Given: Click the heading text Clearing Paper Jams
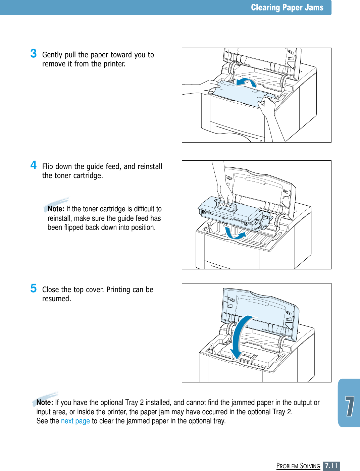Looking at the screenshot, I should [287, 7].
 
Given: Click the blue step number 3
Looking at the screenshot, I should [34, 53].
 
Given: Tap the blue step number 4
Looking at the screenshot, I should [34, 165].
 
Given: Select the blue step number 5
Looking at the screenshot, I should [34, 288].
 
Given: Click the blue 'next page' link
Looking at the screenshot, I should [75, 421].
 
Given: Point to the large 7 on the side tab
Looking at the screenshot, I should [350, 406].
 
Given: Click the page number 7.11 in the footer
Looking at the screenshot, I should [331, 466].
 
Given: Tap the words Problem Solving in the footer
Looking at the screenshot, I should [298, 466].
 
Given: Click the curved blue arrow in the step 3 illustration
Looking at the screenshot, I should [246, 82].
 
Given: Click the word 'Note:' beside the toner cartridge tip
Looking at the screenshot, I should [56, 209].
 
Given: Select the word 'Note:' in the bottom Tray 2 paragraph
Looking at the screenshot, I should [45, 403].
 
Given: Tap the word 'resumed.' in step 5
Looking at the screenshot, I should [56, 299].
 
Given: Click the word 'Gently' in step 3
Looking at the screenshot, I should [52, 55].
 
